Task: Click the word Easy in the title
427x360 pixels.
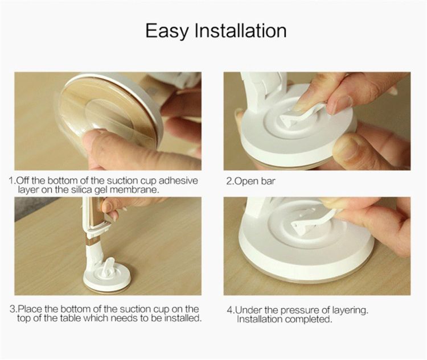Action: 166,31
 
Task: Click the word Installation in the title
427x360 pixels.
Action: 240,30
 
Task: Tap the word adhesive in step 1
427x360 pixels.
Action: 178,181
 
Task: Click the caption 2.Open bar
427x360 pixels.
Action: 251,181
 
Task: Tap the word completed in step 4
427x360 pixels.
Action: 309,319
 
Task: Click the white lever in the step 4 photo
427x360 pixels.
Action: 313,221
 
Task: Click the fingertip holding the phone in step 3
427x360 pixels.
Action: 108,206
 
